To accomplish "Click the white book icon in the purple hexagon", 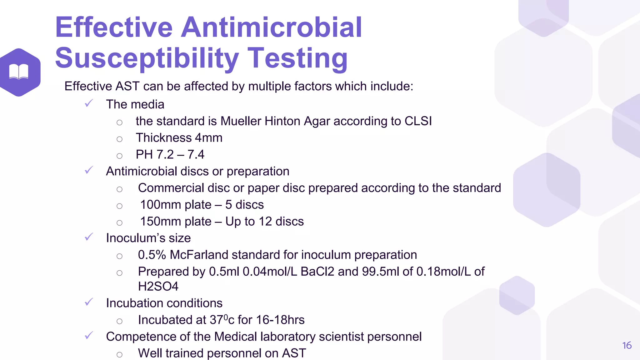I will (x=19, y=72).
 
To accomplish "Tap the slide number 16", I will (x=627, y=345).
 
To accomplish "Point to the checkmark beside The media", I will (x=89, y=103).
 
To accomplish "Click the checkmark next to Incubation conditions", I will (x=89, y=302).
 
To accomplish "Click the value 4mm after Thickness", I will (x=208, y=138).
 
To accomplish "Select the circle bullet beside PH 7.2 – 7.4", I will (x=119, y=156).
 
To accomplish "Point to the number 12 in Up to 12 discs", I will (x=265, y=222).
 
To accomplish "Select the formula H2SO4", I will (x=158, y=287).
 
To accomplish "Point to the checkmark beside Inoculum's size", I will (x=89, y=237).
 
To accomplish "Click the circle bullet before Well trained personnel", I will (x=119, y=354).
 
